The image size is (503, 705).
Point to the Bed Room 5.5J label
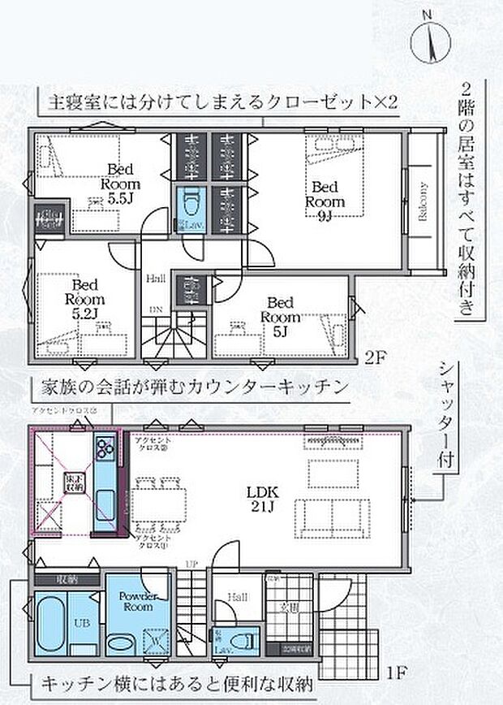click(120, 184)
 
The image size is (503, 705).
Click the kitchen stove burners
click(105, 448)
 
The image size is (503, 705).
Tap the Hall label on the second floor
click(156, 279)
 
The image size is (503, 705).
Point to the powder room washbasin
click(122, 642)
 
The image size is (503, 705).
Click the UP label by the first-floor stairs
click(191, 564)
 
